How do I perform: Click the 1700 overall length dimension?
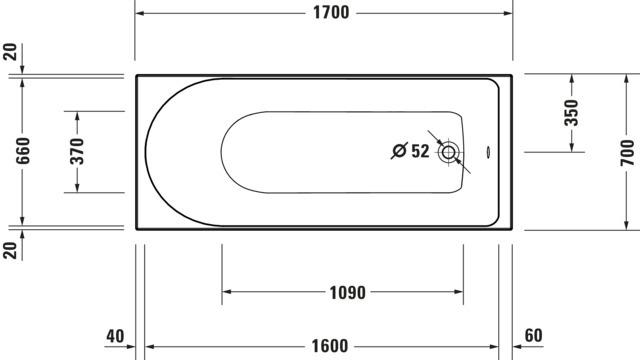coord(331,13)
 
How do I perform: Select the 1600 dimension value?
coord(330,346)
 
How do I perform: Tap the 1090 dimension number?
coord(347,292)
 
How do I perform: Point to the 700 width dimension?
coord(627,152)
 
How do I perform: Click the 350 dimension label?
coord(571,113)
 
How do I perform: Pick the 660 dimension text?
coord(23,151)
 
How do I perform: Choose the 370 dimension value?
coord(77,151)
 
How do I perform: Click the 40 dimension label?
coord(115,336)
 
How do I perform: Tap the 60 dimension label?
coord(533,335)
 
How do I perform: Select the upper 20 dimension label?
coord(10,52)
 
